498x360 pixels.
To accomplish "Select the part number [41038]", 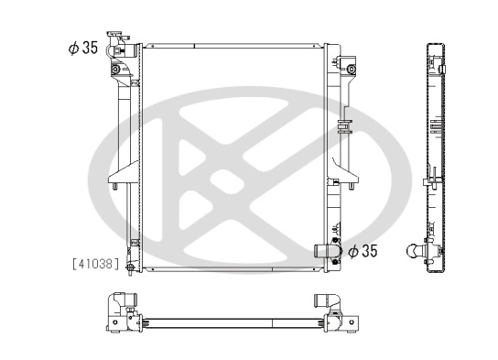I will (x=95, y=263).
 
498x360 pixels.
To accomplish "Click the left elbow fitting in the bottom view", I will (x=123, y=301).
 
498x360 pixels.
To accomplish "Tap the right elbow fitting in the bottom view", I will (x=327, y=301).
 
